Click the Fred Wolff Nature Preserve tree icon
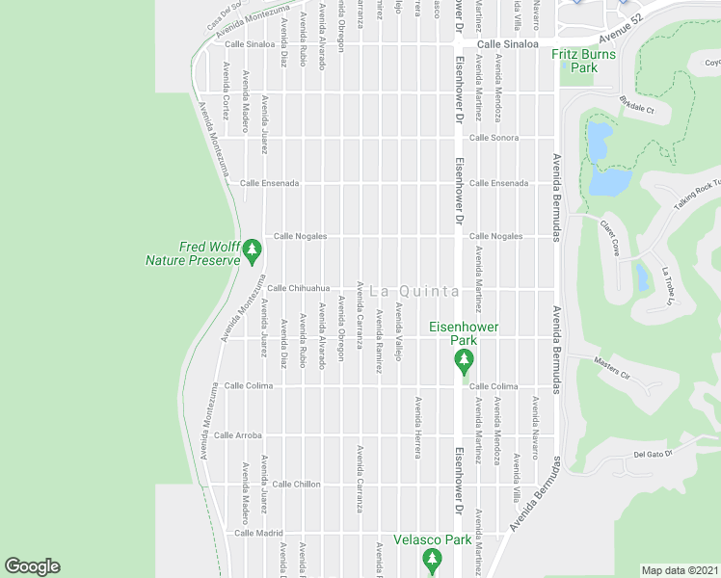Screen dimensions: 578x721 (x=253, y=250)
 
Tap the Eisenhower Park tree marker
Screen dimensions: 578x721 (x=464, y=361)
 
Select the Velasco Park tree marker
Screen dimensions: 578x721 (x=432, y=559)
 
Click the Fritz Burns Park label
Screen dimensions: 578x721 (x=583, y=62)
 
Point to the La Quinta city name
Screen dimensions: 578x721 (x=414, y=290)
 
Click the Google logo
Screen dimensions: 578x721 (x=32, y=566)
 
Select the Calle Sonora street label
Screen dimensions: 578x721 (x=494, y=138)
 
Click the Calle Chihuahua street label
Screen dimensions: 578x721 (x=299, y=287)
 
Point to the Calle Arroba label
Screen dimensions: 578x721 (x=238, y=434)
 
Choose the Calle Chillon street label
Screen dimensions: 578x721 (x=296, y=484)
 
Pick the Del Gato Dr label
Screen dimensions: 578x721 (x=652, y=453)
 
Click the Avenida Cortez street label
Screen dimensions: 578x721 (x=226, y=91)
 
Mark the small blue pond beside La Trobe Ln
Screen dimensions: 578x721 (x=642, y=277)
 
